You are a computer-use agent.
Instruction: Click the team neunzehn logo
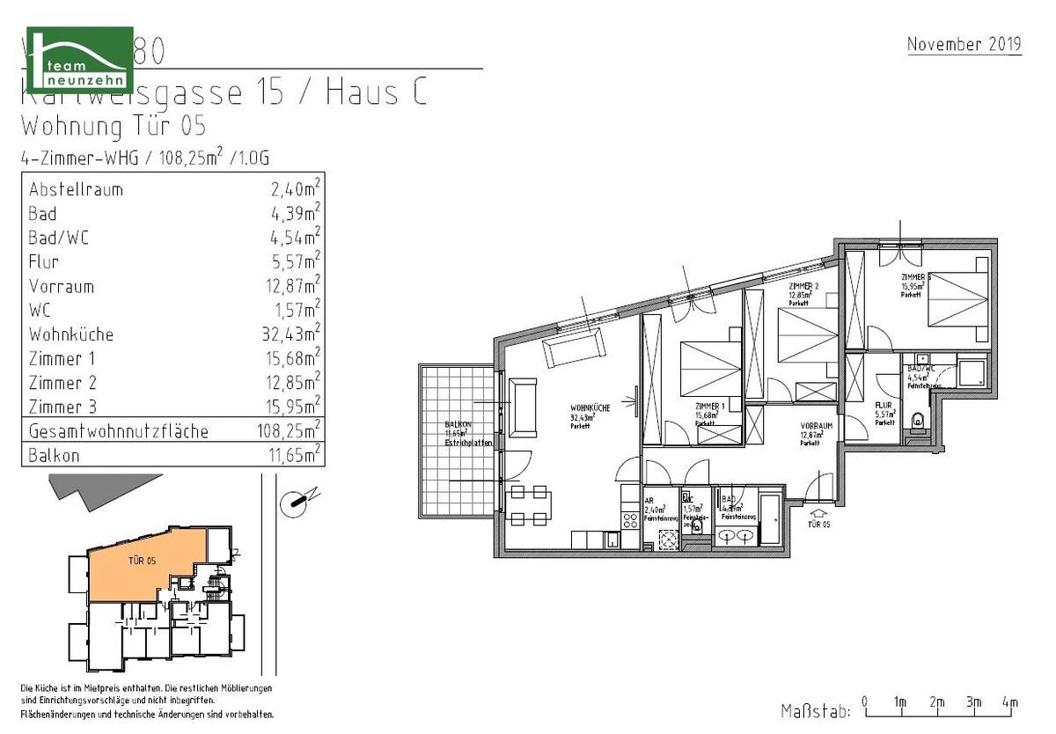tap(80, 60)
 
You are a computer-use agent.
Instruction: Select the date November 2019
tap(964, 45)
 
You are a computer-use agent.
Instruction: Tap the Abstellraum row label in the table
tap(76, 189)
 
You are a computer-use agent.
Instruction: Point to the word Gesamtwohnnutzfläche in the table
tap(118, 431)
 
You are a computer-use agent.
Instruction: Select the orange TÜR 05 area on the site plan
tap(145, 563)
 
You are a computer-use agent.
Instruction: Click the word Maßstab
tap(815, 710)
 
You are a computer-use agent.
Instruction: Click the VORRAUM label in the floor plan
tap(816, 426)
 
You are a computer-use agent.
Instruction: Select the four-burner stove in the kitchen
tap(630, 519)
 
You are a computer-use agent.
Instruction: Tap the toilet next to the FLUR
tap(918, 421)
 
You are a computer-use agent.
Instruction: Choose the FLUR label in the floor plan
tap(884, 407)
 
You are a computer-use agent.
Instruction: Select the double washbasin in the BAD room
tap(736, 534)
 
